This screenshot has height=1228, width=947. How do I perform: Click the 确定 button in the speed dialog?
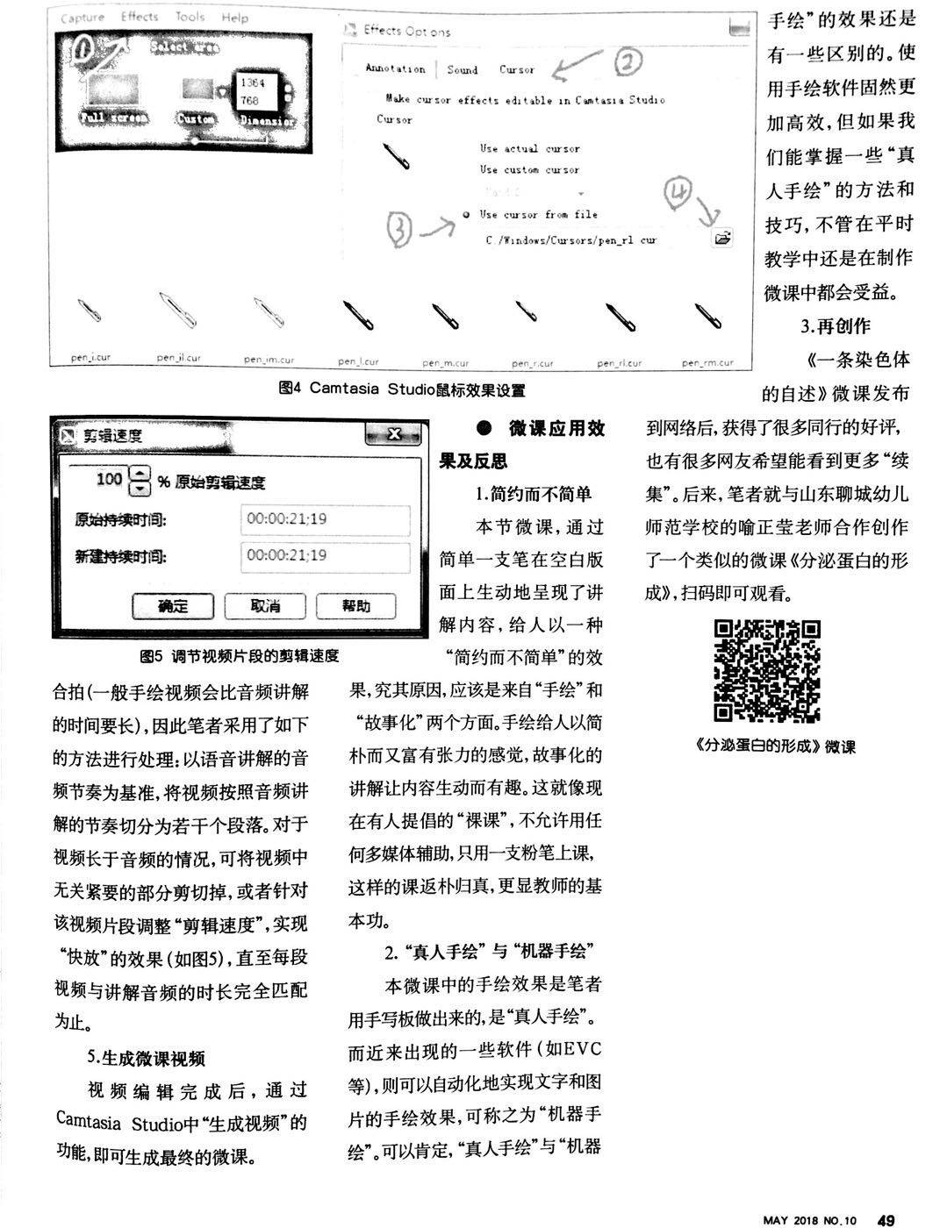pos(173,605)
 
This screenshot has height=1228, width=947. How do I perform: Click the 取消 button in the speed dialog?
pos(264,605)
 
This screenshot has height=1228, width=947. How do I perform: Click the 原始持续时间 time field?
pos(325,519)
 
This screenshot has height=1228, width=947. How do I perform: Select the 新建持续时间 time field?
pos(325,556)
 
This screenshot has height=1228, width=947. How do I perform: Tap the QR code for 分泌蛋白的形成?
pos(767,671)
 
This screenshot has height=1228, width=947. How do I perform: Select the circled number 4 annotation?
pos(679,193)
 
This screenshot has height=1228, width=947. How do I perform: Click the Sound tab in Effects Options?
pos(463,69)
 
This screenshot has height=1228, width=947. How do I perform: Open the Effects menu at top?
pos(140,17)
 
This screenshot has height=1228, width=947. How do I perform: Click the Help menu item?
pos(234,17)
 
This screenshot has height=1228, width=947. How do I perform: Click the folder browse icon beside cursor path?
pos(722,238)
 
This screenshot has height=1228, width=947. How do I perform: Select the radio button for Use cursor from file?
pos(465,215)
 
